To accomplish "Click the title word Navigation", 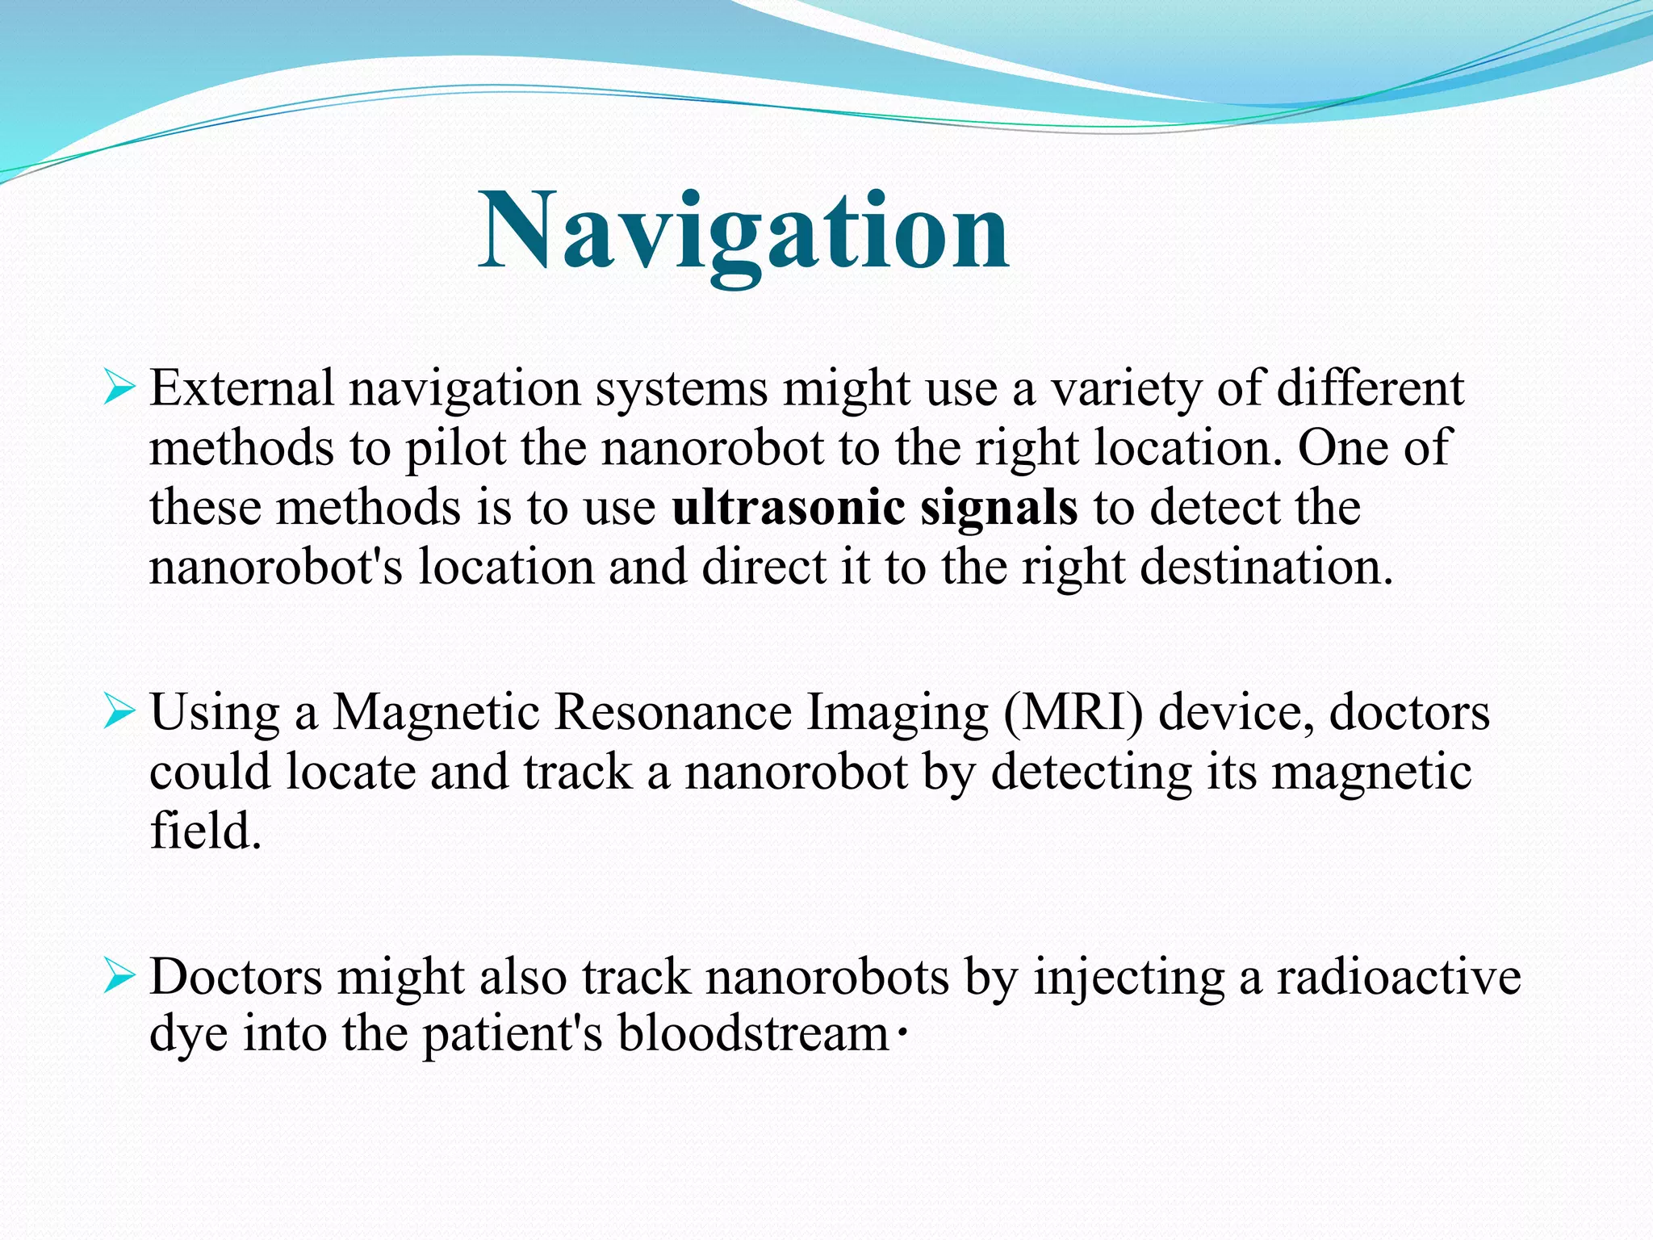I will (743, 231).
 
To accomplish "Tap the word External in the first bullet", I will (241, 388).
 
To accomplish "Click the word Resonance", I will (674, 713).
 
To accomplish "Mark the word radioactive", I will (1399, 977).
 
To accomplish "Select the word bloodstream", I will (753, 1034).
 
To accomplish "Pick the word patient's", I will (513, 1036).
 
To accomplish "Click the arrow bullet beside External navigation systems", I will (119, 389).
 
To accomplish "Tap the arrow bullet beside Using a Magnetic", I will (119, 713).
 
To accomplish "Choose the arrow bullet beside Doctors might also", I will (119, 978).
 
